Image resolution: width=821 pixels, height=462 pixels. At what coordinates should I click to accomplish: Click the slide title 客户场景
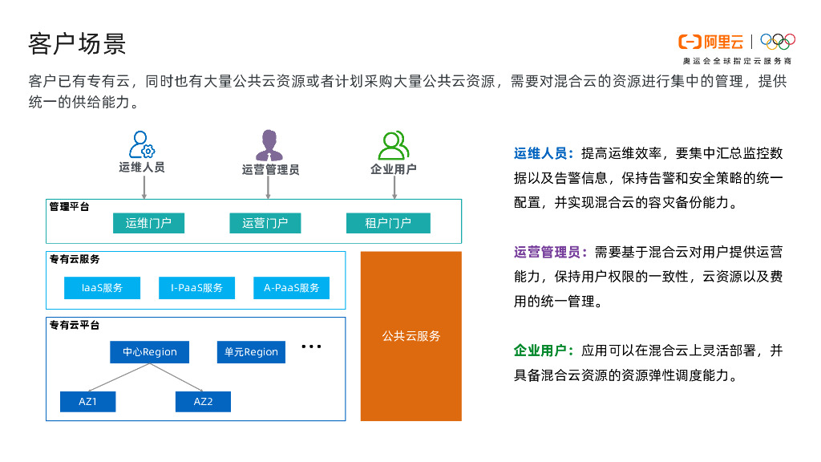tap(77, 43)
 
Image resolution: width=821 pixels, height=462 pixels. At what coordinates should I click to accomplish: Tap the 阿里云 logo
tap(711, 42)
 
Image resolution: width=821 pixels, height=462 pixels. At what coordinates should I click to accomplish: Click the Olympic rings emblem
tap(777, 41)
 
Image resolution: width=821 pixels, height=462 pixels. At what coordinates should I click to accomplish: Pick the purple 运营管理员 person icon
tap(269, 145)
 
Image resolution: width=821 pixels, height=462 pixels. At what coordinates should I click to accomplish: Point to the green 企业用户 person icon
tap(393, 145)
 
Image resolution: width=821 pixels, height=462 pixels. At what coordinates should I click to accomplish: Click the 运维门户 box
tap(148, 223)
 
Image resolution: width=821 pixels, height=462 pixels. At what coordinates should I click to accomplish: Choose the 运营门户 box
tap(265, 223)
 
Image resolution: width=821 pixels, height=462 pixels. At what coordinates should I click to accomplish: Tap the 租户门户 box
tap(388, 223)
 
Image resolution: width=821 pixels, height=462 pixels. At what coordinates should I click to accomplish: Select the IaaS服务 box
tap(102, 288)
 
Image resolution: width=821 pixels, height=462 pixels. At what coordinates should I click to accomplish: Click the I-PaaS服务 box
tap(196, 288)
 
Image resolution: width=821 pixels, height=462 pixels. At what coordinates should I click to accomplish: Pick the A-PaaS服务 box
tap(292, 288)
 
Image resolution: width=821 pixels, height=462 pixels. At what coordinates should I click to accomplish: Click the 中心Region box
tap(149, 352)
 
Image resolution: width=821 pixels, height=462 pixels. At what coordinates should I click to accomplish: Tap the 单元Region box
tap(251, 352)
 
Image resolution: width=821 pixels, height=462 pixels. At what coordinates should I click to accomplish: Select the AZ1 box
tap(87, 401)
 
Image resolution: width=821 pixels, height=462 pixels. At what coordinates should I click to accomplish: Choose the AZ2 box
tap(203, 401)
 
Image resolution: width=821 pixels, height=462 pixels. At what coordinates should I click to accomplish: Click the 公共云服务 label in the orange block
tap(411, 336)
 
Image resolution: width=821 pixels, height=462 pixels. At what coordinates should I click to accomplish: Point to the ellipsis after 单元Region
tap(311, 347)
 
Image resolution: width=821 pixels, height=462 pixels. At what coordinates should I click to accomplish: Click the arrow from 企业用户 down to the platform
tap(394, 187)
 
